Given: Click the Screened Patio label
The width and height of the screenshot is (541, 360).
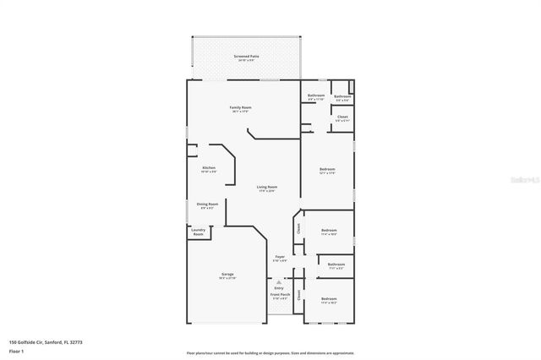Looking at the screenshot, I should (x=247, y=57).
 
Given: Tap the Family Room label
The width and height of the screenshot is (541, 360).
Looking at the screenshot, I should (x=242, y=109).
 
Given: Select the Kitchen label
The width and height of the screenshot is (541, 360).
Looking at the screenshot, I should (x=208, y=168).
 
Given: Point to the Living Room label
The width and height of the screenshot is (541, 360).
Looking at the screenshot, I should (x=267, y=188).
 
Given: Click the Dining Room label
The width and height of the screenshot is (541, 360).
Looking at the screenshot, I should (x=208, y=205).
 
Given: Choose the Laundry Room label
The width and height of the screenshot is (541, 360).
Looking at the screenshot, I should (x=198, y=232).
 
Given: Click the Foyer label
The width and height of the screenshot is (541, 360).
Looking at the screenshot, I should (x=280, y=258).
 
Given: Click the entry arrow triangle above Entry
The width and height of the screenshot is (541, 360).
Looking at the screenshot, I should (x=280, y=281).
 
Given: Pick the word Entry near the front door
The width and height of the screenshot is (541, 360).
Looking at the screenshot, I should (x=280, y=287).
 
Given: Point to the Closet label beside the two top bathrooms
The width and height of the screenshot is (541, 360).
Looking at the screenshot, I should (x=342, y=117).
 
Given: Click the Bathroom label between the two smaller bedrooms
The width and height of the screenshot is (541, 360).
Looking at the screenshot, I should (x=336, y=266).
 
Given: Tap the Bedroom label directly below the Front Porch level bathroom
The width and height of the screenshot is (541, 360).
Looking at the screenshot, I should (x=329, y=300).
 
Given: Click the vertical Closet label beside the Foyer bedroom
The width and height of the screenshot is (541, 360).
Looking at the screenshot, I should (x=298, y=227).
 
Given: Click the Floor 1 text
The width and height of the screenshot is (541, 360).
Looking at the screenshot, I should (x=16, y=352).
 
